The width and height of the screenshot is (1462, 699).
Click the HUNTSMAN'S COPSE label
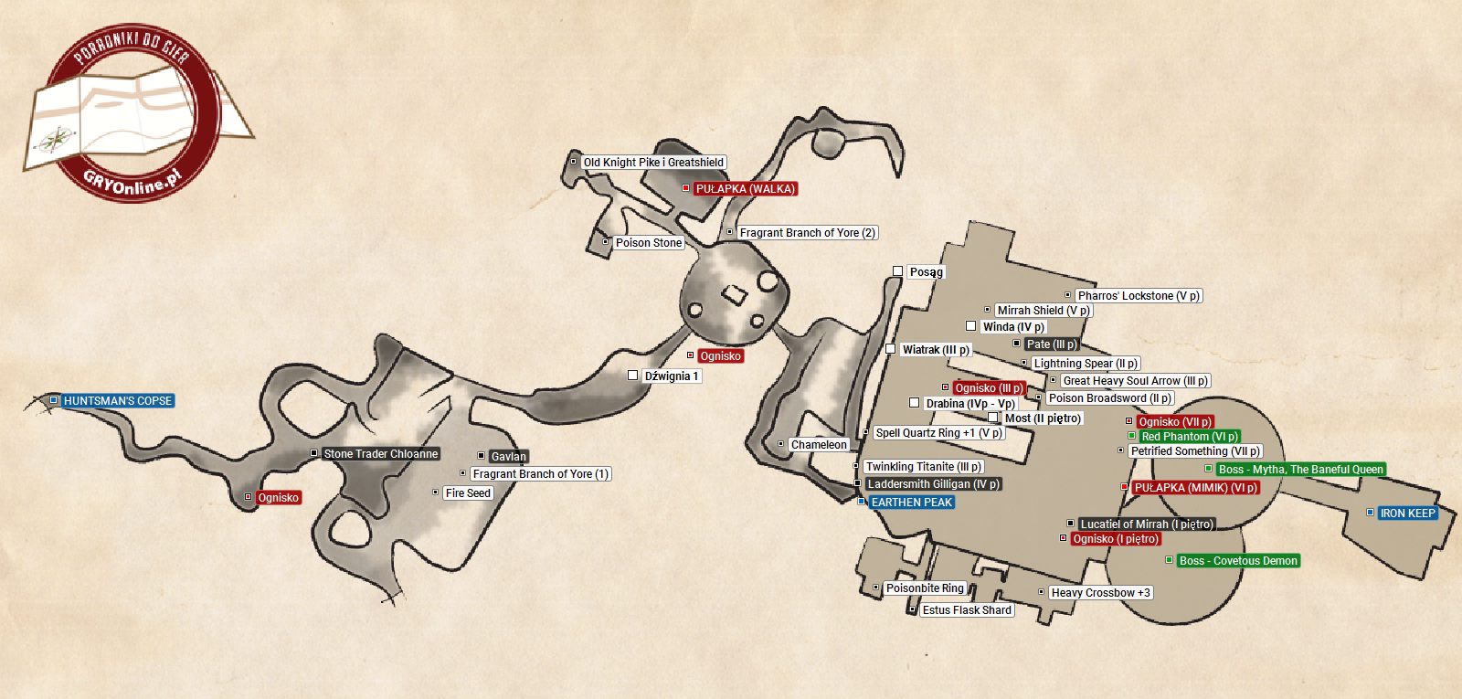click(x=118, y=401)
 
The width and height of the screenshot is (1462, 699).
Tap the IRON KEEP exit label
click(x=1407, y=514)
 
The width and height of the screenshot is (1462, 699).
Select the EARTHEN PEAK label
click(x=911, y=503)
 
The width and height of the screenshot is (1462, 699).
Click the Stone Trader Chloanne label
click(x=381, y=454)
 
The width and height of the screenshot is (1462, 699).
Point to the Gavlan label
click(x=508, y=457)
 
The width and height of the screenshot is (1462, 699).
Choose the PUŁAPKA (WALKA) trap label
click(x=746, y=189)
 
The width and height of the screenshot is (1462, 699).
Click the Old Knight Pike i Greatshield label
click(x=653, y=163)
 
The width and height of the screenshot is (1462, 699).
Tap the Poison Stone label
click(x=648, y=243)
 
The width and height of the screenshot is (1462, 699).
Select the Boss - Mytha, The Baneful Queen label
click(x=1300, y=470)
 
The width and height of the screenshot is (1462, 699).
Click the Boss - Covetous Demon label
click(x=1238, y=561)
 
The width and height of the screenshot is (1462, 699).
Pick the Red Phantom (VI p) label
click(x=1190, y=437)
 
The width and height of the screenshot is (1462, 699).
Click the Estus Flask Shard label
click(x=967, y=610)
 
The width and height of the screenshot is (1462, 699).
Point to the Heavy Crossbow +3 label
click(x=1100, y=593)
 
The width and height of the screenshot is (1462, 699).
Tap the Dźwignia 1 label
click(x=671, y=376)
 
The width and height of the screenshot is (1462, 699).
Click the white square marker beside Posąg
click(x=897, y=271)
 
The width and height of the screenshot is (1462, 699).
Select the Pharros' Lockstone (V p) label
click(x=1139, y=296)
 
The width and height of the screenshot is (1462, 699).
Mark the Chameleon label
click(x=819, y=445)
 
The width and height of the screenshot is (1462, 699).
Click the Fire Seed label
click(x=468, y=493)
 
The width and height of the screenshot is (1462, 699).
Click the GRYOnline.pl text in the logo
click(x=132, y=180)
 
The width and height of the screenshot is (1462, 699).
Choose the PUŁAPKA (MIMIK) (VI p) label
click(x=1195, y=488)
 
